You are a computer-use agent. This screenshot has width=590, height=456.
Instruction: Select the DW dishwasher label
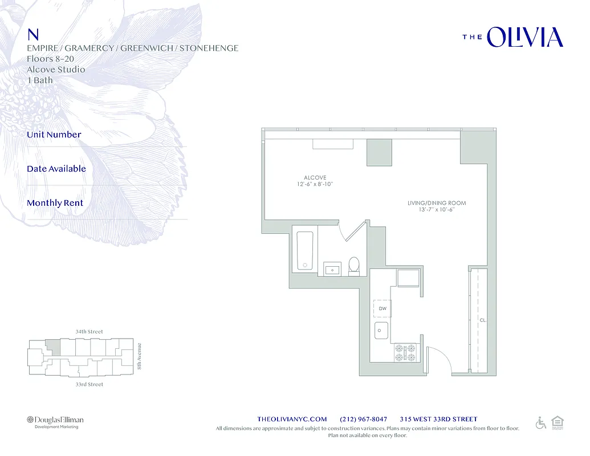[383, 308]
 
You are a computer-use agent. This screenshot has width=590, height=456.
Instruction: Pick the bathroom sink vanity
[332, 268]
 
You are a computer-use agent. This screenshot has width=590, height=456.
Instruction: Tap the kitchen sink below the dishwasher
[381, 330]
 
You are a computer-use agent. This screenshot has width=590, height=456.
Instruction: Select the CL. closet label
[483, 320]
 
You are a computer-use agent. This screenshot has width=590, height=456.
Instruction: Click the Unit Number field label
[54, 135]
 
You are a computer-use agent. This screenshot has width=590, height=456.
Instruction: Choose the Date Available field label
[56, 169]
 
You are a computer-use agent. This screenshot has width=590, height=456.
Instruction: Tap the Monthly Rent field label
[55, 203]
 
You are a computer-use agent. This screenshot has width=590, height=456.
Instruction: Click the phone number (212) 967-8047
[363, 419]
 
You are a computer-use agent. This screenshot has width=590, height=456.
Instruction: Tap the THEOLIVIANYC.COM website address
[292, 419]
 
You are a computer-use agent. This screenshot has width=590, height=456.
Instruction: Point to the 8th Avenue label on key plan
[140, 355]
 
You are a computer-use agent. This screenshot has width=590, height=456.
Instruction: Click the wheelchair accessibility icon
[541, 422]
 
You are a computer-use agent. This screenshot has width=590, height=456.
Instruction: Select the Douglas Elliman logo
[55, 420]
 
